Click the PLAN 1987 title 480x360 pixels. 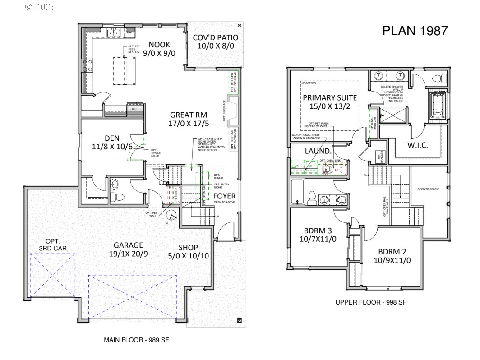[x=415, y=31]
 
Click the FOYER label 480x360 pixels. [x=224, y=196]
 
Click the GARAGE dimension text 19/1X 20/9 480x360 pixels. [x=128, y=254]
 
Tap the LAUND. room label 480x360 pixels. [x=318, y=151]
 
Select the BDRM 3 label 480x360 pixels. [x=318, y=233]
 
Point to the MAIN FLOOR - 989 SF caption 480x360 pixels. [x=137, y=340]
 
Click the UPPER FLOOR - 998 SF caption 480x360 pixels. [x=371, y=303]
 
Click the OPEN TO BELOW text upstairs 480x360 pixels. [x=428, y=189]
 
